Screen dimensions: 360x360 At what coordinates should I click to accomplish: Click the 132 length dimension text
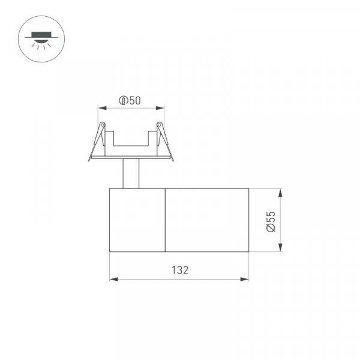(x=180, y=270)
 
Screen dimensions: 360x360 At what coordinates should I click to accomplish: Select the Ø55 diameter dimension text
(x=271, y=222)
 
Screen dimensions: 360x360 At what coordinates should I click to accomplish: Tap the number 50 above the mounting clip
(x=135, y=101)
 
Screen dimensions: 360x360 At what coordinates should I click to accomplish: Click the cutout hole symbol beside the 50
(x=123, y=101)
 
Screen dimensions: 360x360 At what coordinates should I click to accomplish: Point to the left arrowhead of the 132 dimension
(x=114, y=279)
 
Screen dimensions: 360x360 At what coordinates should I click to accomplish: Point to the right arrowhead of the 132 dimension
(x=244, y=279)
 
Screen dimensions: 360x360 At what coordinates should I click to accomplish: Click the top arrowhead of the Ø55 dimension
(x=280, y=193)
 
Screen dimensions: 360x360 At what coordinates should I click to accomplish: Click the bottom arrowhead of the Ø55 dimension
(x=280, y=247)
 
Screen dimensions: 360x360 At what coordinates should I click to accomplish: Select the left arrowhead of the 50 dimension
(x=103, y=108)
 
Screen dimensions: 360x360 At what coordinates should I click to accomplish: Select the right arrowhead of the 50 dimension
(x=160, y=108)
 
